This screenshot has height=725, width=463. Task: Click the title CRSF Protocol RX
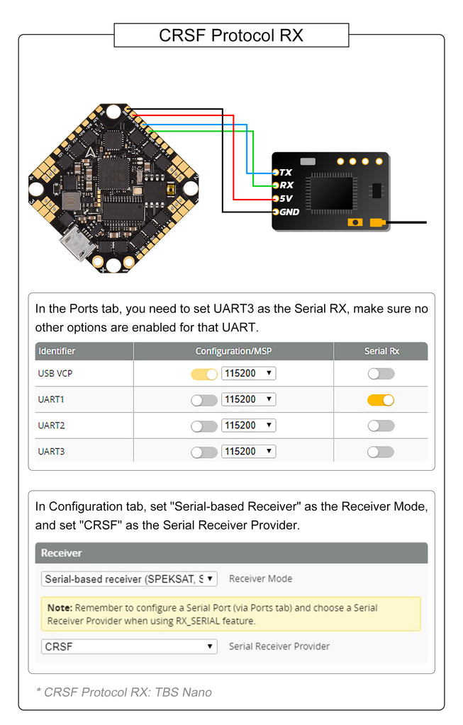230,35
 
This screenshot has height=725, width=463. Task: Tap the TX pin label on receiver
286,172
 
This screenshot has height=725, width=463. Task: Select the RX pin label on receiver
286,185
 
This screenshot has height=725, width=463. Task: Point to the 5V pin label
286,198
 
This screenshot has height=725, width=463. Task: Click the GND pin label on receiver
289,212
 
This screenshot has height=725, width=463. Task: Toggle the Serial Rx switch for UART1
381,399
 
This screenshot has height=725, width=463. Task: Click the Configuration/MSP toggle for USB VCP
204,373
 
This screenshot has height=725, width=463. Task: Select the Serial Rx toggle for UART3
381,452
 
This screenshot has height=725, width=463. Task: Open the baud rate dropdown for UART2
248,426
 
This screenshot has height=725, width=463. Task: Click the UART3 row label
51,452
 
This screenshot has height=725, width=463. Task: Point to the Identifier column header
57,351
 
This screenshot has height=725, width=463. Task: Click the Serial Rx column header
381,351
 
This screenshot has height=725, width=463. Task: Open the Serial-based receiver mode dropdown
129,578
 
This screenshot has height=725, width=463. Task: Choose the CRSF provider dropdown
129,646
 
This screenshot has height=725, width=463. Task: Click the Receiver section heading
62,553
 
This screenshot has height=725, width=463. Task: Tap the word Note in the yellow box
60,607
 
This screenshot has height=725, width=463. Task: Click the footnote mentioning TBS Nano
123,692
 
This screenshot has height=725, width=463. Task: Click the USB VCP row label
55,373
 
